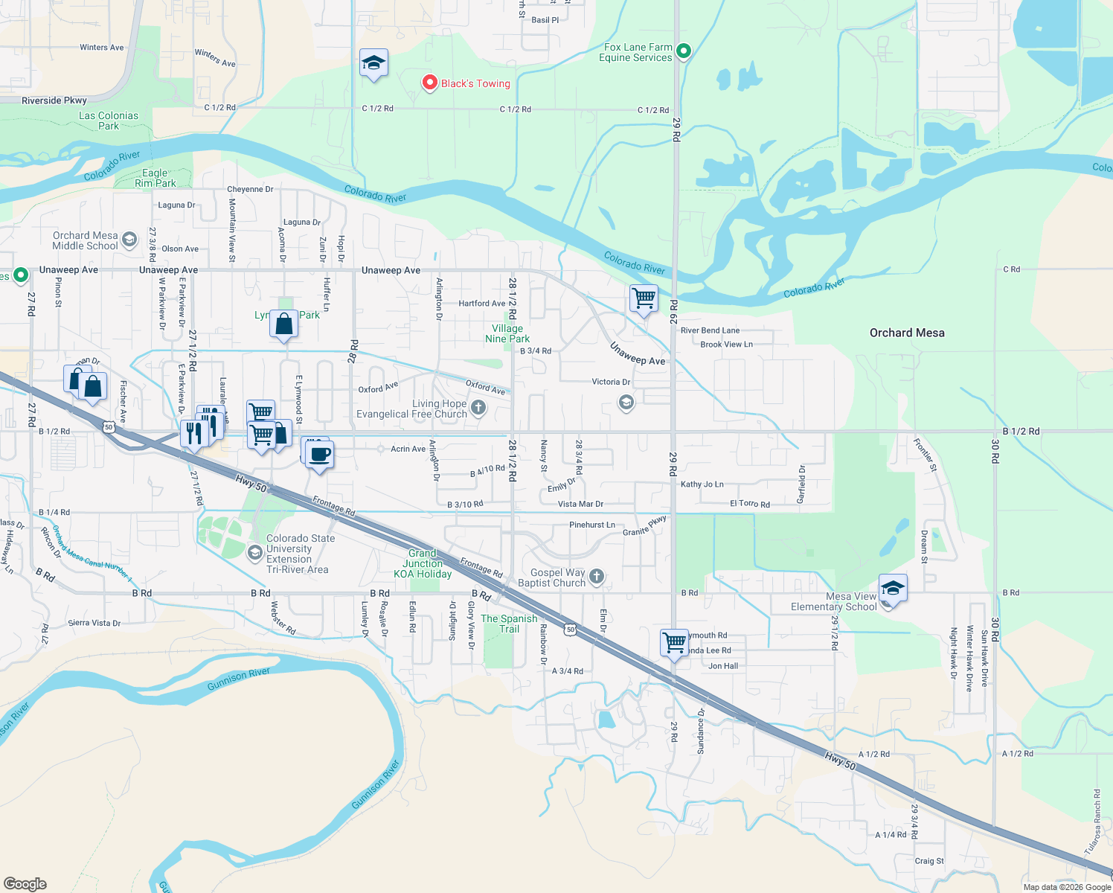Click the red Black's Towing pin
coord(429,83)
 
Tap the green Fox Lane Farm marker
coord(684,51)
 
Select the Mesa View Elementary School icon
coord(892,589)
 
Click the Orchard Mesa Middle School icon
coord(129,240)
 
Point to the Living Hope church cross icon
coord(478,407)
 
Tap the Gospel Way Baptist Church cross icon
coord(597,577)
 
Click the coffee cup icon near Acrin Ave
coord(320,455)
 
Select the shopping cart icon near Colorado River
coord(644,298)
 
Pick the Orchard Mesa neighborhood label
coord(907,333)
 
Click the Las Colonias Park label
coord(109,121)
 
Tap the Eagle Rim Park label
coord(155,178)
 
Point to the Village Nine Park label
coord(507,333)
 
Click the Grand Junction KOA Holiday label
coord(423,563)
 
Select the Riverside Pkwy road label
coord(54,100)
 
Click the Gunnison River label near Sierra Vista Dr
coord(238,678)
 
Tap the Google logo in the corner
coord(25,883)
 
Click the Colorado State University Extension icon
coord(254,553)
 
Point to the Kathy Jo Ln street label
coord(702,484)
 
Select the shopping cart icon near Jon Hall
coord(674,642)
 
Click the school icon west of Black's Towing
coord(373,63)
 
